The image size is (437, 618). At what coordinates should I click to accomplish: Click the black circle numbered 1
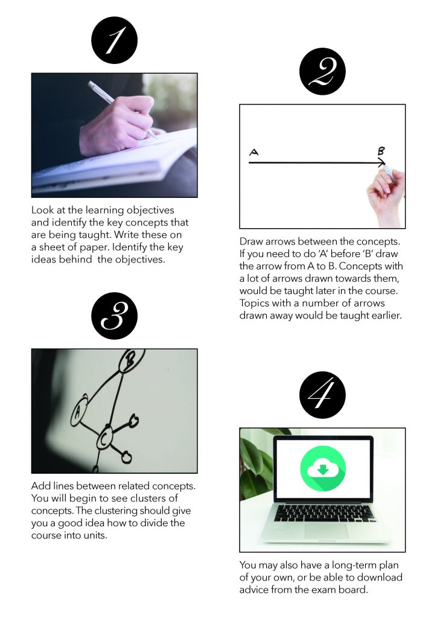pyautogui.click(x=114, y=40)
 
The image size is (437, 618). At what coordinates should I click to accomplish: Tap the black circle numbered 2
pyautogui.click(x=322, y=71)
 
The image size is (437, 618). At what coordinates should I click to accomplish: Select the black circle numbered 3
pyautogui.click(x=114, y=316)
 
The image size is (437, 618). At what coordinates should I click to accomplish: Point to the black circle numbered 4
pyautogui.click(x=322, y=395)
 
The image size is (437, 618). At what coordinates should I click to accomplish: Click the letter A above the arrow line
pyautogui.click(x=254, y=153)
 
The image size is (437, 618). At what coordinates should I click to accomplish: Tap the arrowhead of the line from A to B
pyautogui.click(x=381, y=163)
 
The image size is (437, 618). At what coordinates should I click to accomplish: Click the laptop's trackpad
pyautogui.click(x=326, y=530)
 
